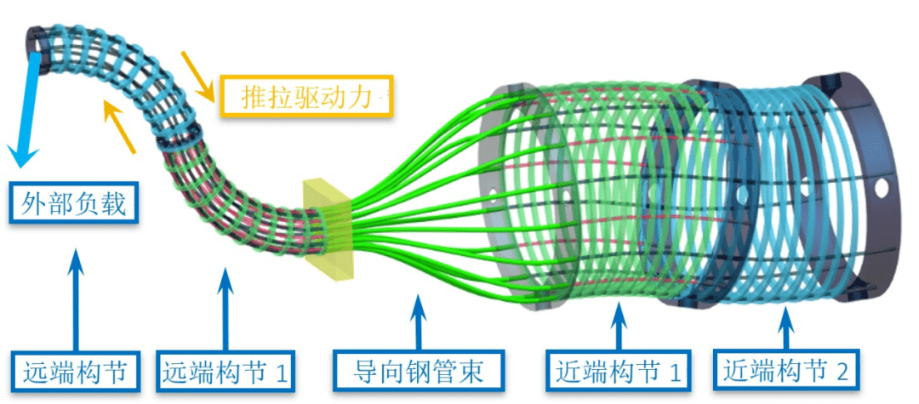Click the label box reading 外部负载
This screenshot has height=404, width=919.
pyautogui.click(x=74, y=203)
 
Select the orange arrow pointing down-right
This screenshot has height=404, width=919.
pyautogui.click(x=197, y=75)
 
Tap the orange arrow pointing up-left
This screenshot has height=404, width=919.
pyautogui.click(x=118, y=128)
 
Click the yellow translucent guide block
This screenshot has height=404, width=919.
pyautogui.click(x=328, y=228)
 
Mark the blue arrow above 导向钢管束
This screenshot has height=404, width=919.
pyautogui.click(x=418, y=320)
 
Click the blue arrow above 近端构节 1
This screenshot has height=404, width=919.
pyautogui.click(x=619, y=323)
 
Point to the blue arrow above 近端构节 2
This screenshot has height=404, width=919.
pyautogui.click(x=784, y=323)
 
